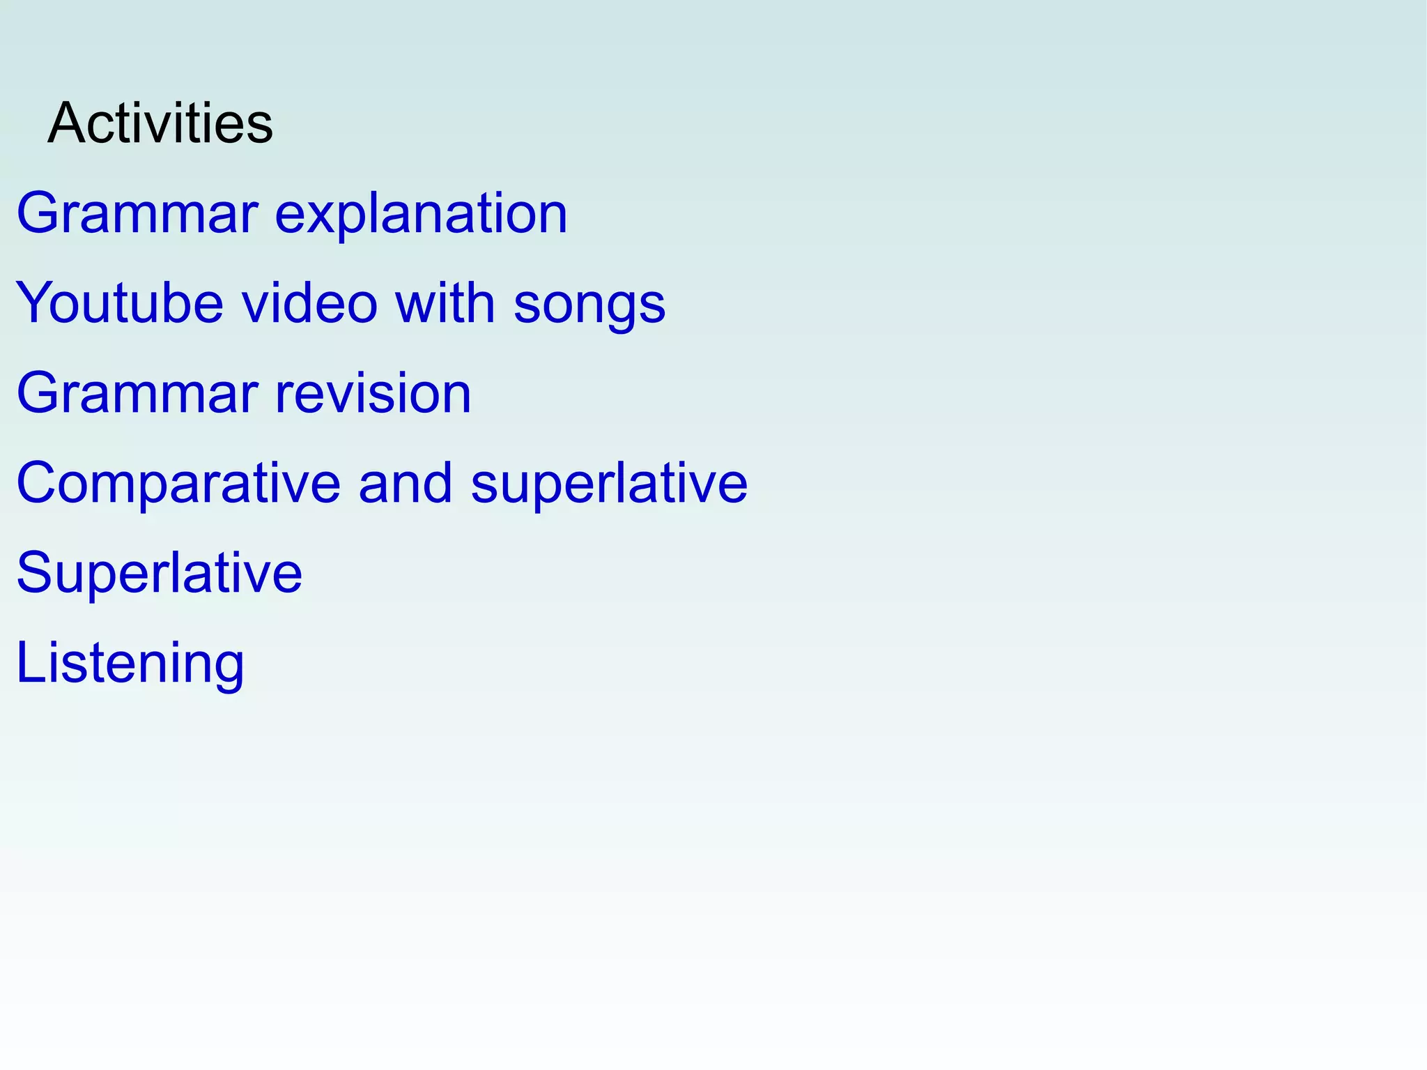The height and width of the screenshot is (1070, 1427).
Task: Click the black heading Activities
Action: [160, 123]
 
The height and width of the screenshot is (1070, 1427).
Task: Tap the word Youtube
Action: [119, 303]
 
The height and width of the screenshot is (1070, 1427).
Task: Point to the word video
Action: [309, 303]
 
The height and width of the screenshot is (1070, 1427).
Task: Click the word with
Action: [445, 303]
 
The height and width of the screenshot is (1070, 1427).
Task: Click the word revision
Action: [373, 393]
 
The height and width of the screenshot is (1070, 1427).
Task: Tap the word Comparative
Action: [178, 483]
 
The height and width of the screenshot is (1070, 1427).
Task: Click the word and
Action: [406, 483]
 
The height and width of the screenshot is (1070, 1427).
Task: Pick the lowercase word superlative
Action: [609, 483]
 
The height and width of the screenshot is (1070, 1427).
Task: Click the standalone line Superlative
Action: [160, 573]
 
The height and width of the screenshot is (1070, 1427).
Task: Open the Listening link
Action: [130, 663]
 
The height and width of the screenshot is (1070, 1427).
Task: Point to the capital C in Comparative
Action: [37, 483]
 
